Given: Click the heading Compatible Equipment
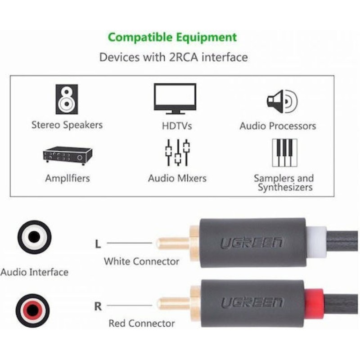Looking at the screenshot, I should click(x=172, y=37).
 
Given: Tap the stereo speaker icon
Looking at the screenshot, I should click(x=67, y=99).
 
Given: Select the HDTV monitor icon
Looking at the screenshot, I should click(x=175, y=98).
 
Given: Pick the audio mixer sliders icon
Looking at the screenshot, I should click(x=177, y=153).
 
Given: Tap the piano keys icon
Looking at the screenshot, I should click(x=284, y=153).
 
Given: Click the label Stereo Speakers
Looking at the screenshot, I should click(x=67, y=125).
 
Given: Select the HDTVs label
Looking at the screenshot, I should click(x=177, y=126).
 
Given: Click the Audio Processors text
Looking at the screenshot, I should click(x=278, y=126).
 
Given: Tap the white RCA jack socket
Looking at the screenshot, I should click(x=34, y=237).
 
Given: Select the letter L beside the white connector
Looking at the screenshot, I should click(x=98, y=244).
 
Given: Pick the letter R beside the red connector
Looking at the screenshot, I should click(x=98, y=307).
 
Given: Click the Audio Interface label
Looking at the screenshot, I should click(x=35, y=272).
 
